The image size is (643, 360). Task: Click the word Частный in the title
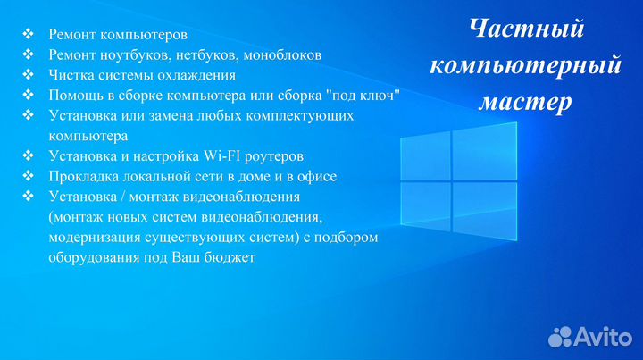click(x=527, y=29)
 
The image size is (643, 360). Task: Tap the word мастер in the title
click(x=525, y=102)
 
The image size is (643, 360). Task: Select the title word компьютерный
click(x=526, y=66)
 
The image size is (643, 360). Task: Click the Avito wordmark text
click(x=603, y=337)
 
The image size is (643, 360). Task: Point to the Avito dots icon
click(x=560, y=337)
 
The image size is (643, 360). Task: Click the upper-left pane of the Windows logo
click(x=425, y=156)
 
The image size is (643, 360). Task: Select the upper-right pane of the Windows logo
click(x=485, y=152)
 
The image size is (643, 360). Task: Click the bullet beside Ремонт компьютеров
click(x=28, y=34)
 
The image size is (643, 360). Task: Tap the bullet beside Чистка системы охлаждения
click(x=28, y=74)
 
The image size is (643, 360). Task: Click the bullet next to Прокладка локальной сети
click(x=28, y=175)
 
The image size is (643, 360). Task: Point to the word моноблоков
click(x=282, y=55)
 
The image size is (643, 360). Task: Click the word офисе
click(x=317, y=176)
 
